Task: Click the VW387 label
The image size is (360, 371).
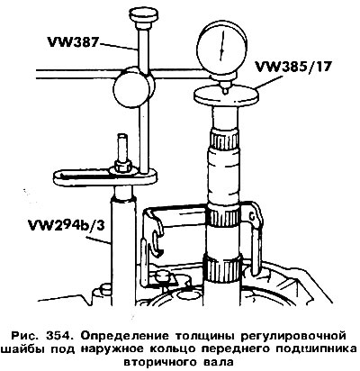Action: point(73,42)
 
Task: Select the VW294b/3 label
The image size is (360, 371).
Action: point(66,225)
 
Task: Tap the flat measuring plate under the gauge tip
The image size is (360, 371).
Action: point(226,95)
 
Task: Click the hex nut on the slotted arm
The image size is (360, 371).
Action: point(121,166)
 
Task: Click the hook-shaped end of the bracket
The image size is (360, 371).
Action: point(156,240)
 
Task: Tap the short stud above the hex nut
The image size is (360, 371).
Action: point(122,148)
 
